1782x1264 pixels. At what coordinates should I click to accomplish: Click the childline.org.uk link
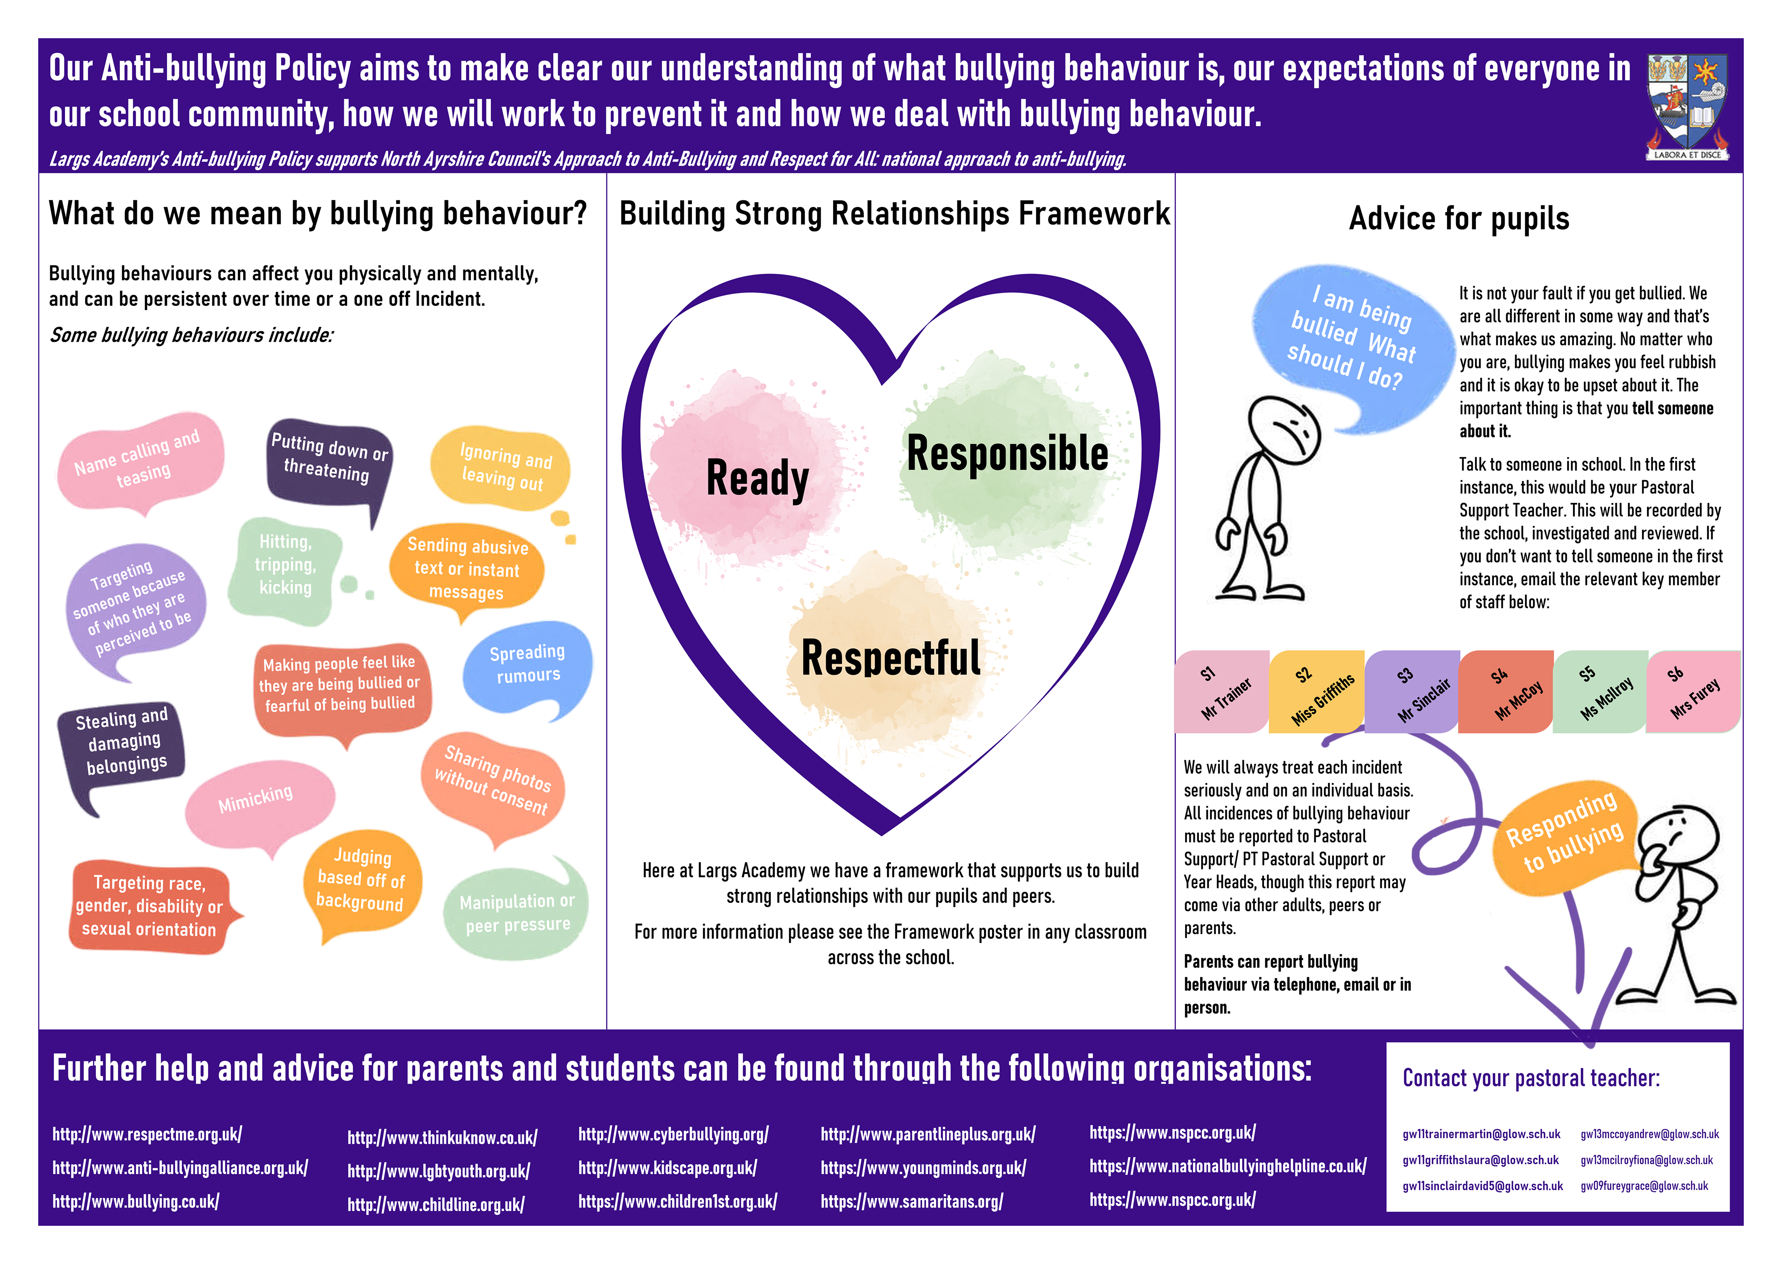coord(436,1205)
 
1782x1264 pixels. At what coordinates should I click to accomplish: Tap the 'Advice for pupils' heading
coord(1459,219)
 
